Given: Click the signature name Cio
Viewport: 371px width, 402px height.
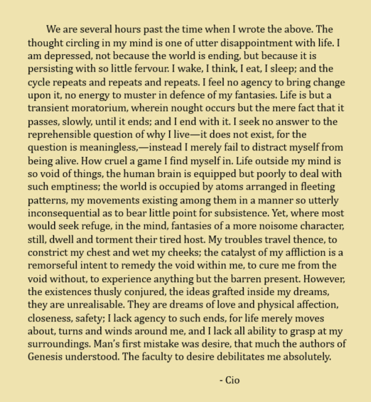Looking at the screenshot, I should coord(233,380).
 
